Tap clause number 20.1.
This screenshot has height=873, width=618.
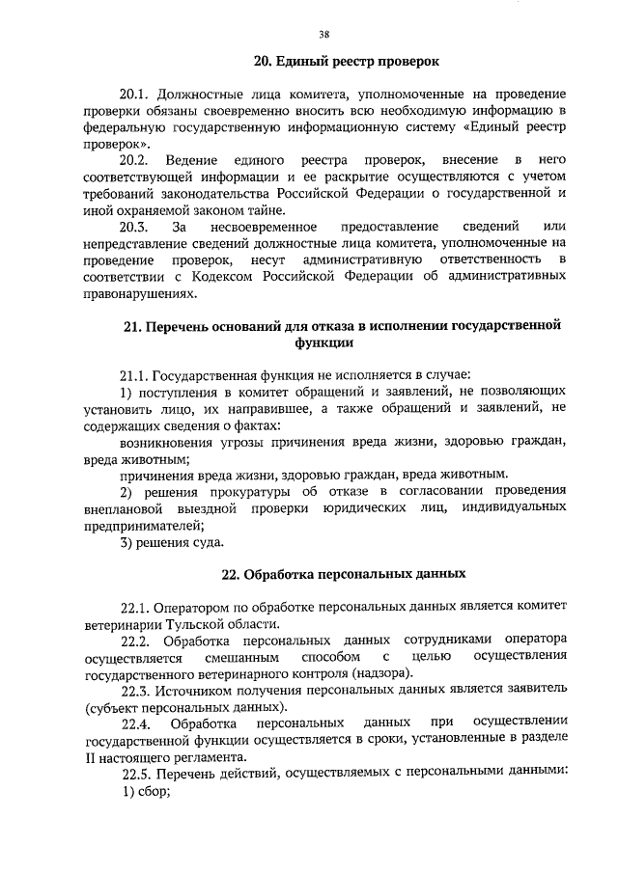pyautogui.click(x=134, y=96)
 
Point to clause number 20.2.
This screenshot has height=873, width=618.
pyautogui.click(x=134, y=158)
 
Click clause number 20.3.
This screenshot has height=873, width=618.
pyautogui.click(x=134, y=227)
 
